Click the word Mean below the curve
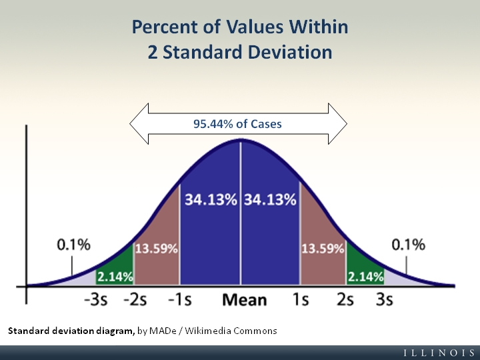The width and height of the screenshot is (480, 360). [244, 299]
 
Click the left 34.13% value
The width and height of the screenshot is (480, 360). [211, 200]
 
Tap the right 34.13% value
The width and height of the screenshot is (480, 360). [270, 200]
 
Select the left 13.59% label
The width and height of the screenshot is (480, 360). [157, 249]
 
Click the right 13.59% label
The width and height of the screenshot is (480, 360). [323, 249]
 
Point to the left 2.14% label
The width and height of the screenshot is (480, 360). [115, 276]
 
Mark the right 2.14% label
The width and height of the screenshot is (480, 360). [365, 276]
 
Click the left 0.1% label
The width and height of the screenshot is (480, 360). [73, 245]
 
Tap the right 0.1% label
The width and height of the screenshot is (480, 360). [408, 245]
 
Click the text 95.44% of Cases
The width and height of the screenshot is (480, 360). [237, 123]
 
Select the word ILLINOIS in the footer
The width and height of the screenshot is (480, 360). [439, 352]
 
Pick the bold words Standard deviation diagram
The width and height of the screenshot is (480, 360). [71, 331]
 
